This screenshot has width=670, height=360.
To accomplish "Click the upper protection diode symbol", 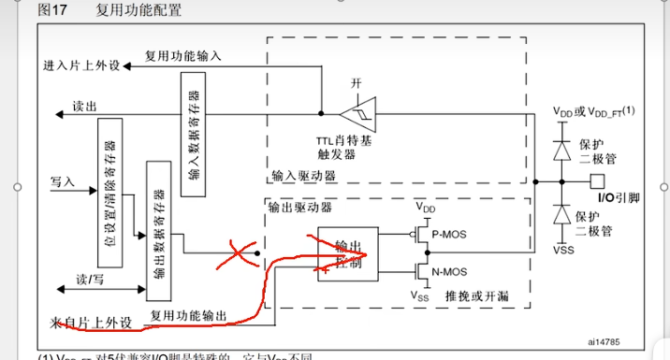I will (561, 150).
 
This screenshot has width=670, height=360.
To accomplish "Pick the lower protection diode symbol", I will (561, 215).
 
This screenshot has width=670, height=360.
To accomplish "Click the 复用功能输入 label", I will (183, 56).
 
